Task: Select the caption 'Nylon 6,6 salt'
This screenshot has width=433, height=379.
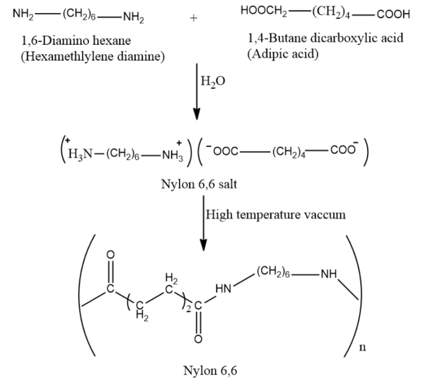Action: coord(199,184)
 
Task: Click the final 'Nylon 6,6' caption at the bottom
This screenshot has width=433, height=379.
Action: coord(209,371)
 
